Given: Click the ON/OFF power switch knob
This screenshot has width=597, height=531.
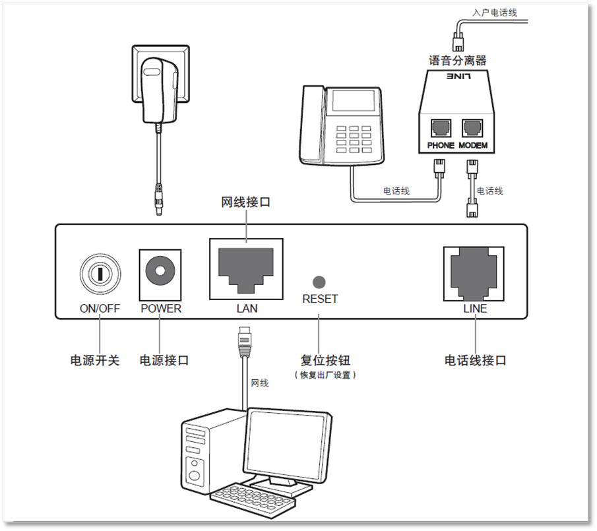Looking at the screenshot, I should [x=100, y=272].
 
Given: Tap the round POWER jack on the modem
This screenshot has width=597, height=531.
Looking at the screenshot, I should [x=160, y=270].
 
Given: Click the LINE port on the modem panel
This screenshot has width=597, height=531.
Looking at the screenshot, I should [x=473, y=272].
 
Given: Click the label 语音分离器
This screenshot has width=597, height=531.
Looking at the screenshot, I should [x=457, y=61].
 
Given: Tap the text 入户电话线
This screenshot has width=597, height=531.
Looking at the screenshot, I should [x=495, y=13].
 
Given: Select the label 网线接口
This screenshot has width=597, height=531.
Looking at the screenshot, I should [x=245, y=202].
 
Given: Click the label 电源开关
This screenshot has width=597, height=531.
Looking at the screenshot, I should [x=95, y=361].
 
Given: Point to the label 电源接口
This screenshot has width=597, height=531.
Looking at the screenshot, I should [x=164, y=361].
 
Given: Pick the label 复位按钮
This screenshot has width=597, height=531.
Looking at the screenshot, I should [x=325, y=361].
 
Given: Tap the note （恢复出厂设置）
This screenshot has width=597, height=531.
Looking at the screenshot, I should [x=325, y=375].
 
